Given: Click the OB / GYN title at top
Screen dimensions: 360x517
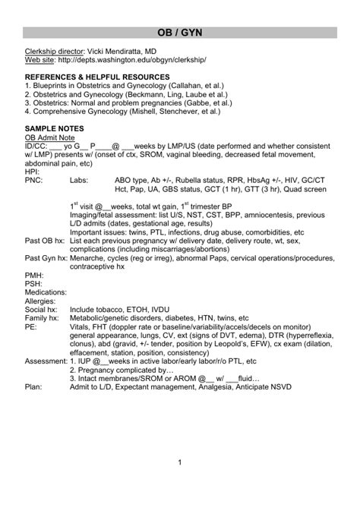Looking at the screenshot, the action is tap(180, 35).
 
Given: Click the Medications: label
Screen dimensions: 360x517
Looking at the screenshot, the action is tap(45, 292).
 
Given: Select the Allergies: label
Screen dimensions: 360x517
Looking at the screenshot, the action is tap(41, 301).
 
